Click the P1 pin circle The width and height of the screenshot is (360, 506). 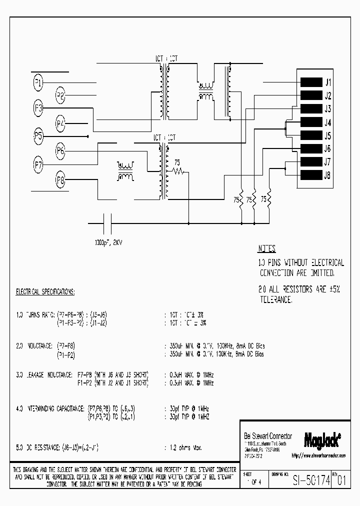pyautogui.click(x=38, y=82)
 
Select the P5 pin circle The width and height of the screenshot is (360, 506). pyautogui.click(x=38, y=135)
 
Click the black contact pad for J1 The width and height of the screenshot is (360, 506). pyautogui.click(x=311, y=82)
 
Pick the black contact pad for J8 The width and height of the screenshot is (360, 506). pyautogui.click(x=311, y=175)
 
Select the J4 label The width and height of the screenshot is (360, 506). pyautogui.click(x=328, y=122)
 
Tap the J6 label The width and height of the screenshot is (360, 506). pyautogui.click(x=328, y=149)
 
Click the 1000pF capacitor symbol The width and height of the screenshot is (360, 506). pyautogui.click(x=106, y=222)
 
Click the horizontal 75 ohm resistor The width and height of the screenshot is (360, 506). pyautogui.click(x=177, y=171)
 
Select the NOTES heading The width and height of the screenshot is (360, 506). pyautogui.click(x=267, y=248)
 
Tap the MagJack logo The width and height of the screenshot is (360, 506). pyautogui.click(x=322, y=439)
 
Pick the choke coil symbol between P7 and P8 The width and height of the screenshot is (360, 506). pyautogui.click(x=125, y=171)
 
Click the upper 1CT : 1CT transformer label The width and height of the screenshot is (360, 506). pyautogui.click(x=165, y=58)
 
